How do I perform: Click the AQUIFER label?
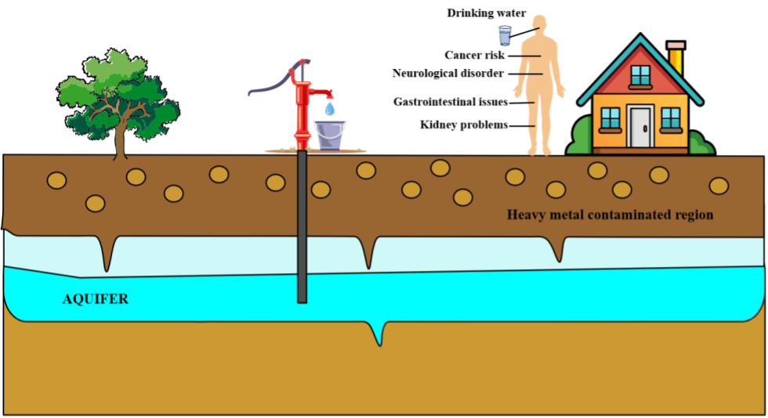click(95, 299)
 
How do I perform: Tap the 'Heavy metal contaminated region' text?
click(610, 214)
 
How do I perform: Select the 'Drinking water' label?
click(486, 13)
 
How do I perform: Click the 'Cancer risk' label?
click(474, 56)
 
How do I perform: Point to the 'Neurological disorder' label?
click(447, 74)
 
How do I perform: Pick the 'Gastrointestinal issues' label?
click(451, 102)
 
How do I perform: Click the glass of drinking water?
click(505, 35)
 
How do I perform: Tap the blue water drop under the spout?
click(330, 109)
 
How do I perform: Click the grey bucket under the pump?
click(328, 135)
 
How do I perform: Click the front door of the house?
click(640, 127)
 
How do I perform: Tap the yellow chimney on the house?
click(676, 59)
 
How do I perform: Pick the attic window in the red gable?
click(640, 75)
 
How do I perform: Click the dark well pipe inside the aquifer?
click(302, 282)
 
